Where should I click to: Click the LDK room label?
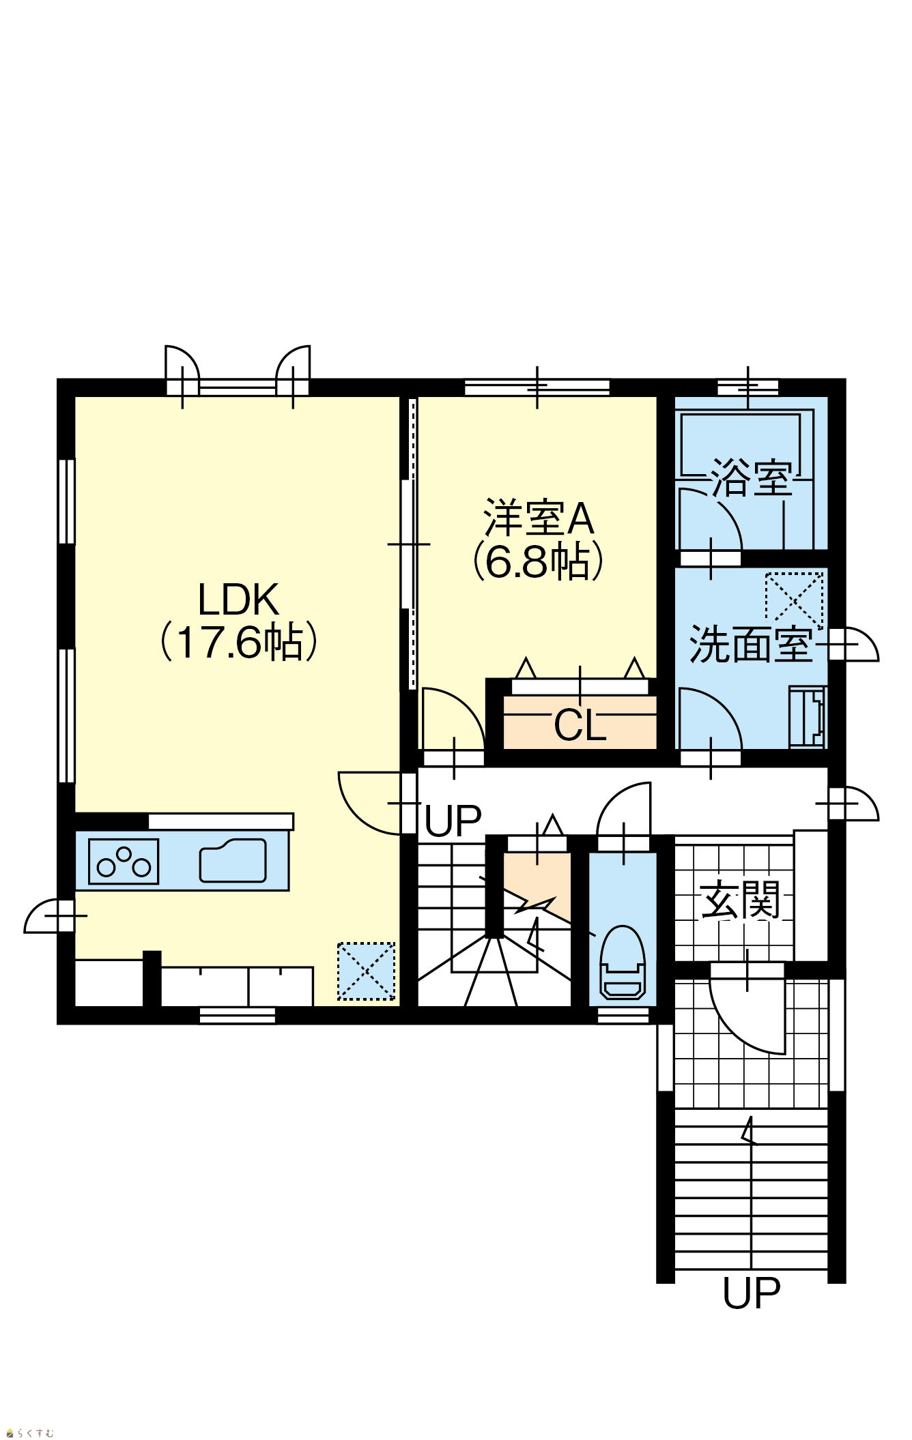pyautogui.click(x=238, y=600)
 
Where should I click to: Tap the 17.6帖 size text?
pyautogui.click(x=238, y=642)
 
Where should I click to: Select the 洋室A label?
pyautogui.click(x=539, y=519)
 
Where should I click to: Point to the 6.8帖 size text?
pyautogui.click(x=539, y=561)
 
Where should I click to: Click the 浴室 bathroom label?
pyautogui.click(x=752, y=478)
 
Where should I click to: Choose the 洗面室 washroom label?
pyautogui.click(x=751, y=645)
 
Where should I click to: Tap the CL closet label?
pyautogui.click(x=580, y=725)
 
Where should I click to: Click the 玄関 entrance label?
pyautogui.click(x=741, y=900)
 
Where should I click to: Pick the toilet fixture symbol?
pyautogui.click(x=622, y=962)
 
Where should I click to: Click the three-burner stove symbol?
pyautogui.click(x=124, y=862)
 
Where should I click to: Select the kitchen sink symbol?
pyautogui.click(x=233, y=861)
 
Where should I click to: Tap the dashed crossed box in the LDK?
pyautogui.click(x=367, y=971)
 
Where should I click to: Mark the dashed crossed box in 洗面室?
pyautogui.click(x=795, y=600)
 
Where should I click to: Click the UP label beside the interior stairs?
pyautogui.click(x=453, y=821)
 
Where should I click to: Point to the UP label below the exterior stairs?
pyautogui.click(x=751, y=1293)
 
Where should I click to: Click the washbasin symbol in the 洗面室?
pyautogui.click(x=808, y=717)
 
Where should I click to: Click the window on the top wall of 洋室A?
pyautogui.click(x=537, y=387)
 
